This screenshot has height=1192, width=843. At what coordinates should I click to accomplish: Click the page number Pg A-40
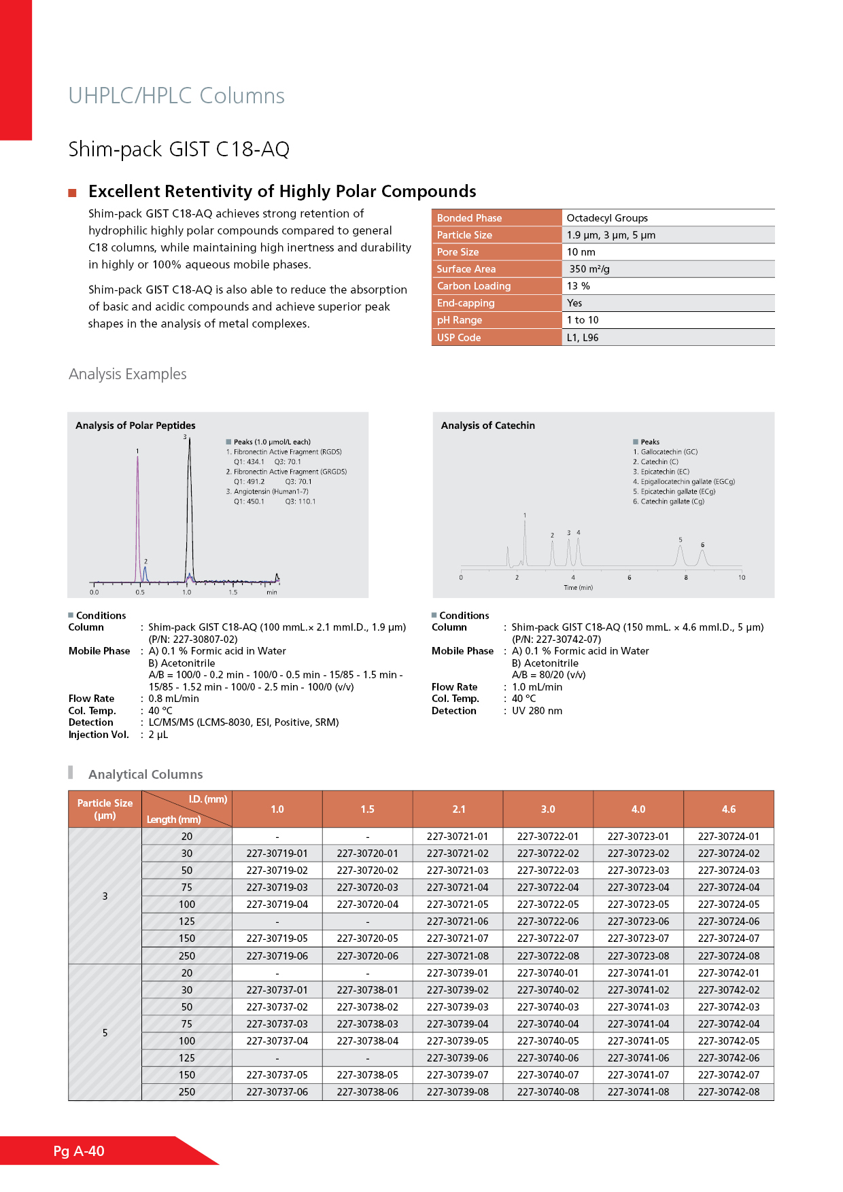79,1151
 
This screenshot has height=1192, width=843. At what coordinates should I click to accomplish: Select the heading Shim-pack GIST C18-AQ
179,149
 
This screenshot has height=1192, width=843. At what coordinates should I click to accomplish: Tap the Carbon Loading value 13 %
579,286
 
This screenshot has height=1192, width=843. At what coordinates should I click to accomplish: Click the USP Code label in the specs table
459,338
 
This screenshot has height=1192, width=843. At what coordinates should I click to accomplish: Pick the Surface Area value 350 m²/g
589,269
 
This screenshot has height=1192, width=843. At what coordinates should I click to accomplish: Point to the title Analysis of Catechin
487,425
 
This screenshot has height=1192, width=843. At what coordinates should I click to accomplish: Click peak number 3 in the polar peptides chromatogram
184,437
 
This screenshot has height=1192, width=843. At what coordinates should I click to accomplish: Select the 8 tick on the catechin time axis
685,578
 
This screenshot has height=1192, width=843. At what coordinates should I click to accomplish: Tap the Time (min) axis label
578,588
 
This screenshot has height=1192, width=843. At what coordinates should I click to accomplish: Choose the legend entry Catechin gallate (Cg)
672,502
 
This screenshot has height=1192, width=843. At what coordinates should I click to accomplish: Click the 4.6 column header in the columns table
728,809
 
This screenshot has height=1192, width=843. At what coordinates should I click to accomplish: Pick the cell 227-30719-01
277,854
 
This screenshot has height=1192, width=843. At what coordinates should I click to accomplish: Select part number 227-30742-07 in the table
728,1075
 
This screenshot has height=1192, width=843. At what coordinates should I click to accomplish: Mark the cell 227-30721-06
458,922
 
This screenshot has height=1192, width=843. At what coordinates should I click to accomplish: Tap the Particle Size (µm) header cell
105,809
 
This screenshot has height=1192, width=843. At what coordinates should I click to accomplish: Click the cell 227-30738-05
367,1075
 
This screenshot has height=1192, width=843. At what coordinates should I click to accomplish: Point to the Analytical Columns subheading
145,775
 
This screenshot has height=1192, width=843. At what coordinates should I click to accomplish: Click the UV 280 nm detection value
537,711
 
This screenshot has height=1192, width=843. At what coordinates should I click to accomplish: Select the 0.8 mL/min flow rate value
173,699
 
